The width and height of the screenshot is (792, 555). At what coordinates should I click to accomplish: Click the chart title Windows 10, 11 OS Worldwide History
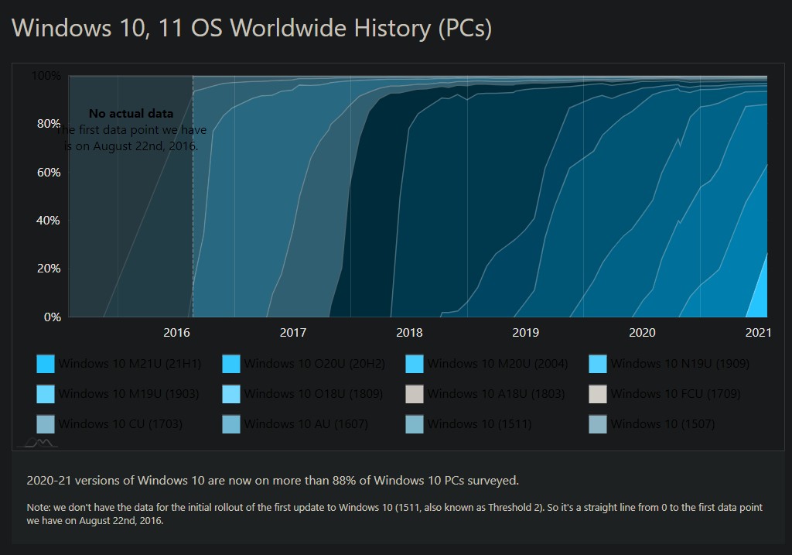point(252,28)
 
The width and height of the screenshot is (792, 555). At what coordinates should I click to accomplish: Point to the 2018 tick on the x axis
point(409,332)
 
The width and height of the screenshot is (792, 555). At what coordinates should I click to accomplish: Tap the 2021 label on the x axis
point(758,332)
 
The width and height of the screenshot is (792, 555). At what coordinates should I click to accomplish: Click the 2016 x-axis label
point(177,332)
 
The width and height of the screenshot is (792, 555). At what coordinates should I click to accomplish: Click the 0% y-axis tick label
point(51,317)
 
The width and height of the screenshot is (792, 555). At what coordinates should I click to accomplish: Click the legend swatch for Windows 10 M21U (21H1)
point(46,364)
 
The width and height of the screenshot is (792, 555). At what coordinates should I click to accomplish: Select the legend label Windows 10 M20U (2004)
point(496,363)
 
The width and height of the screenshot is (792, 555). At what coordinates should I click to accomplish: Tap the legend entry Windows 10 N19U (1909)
point(680,363)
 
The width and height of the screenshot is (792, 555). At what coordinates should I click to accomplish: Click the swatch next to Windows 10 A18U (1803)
point(415,394)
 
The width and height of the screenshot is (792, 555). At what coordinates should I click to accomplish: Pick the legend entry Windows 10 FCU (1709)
point(675,394)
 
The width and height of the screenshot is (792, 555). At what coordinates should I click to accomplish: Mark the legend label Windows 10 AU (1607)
point(306,424)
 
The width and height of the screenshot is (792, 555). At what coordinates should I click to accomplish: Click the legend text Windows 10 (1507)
point(663,424)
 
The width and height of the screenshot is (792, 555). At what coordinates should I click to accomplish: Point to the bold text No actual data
point(131,114)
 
